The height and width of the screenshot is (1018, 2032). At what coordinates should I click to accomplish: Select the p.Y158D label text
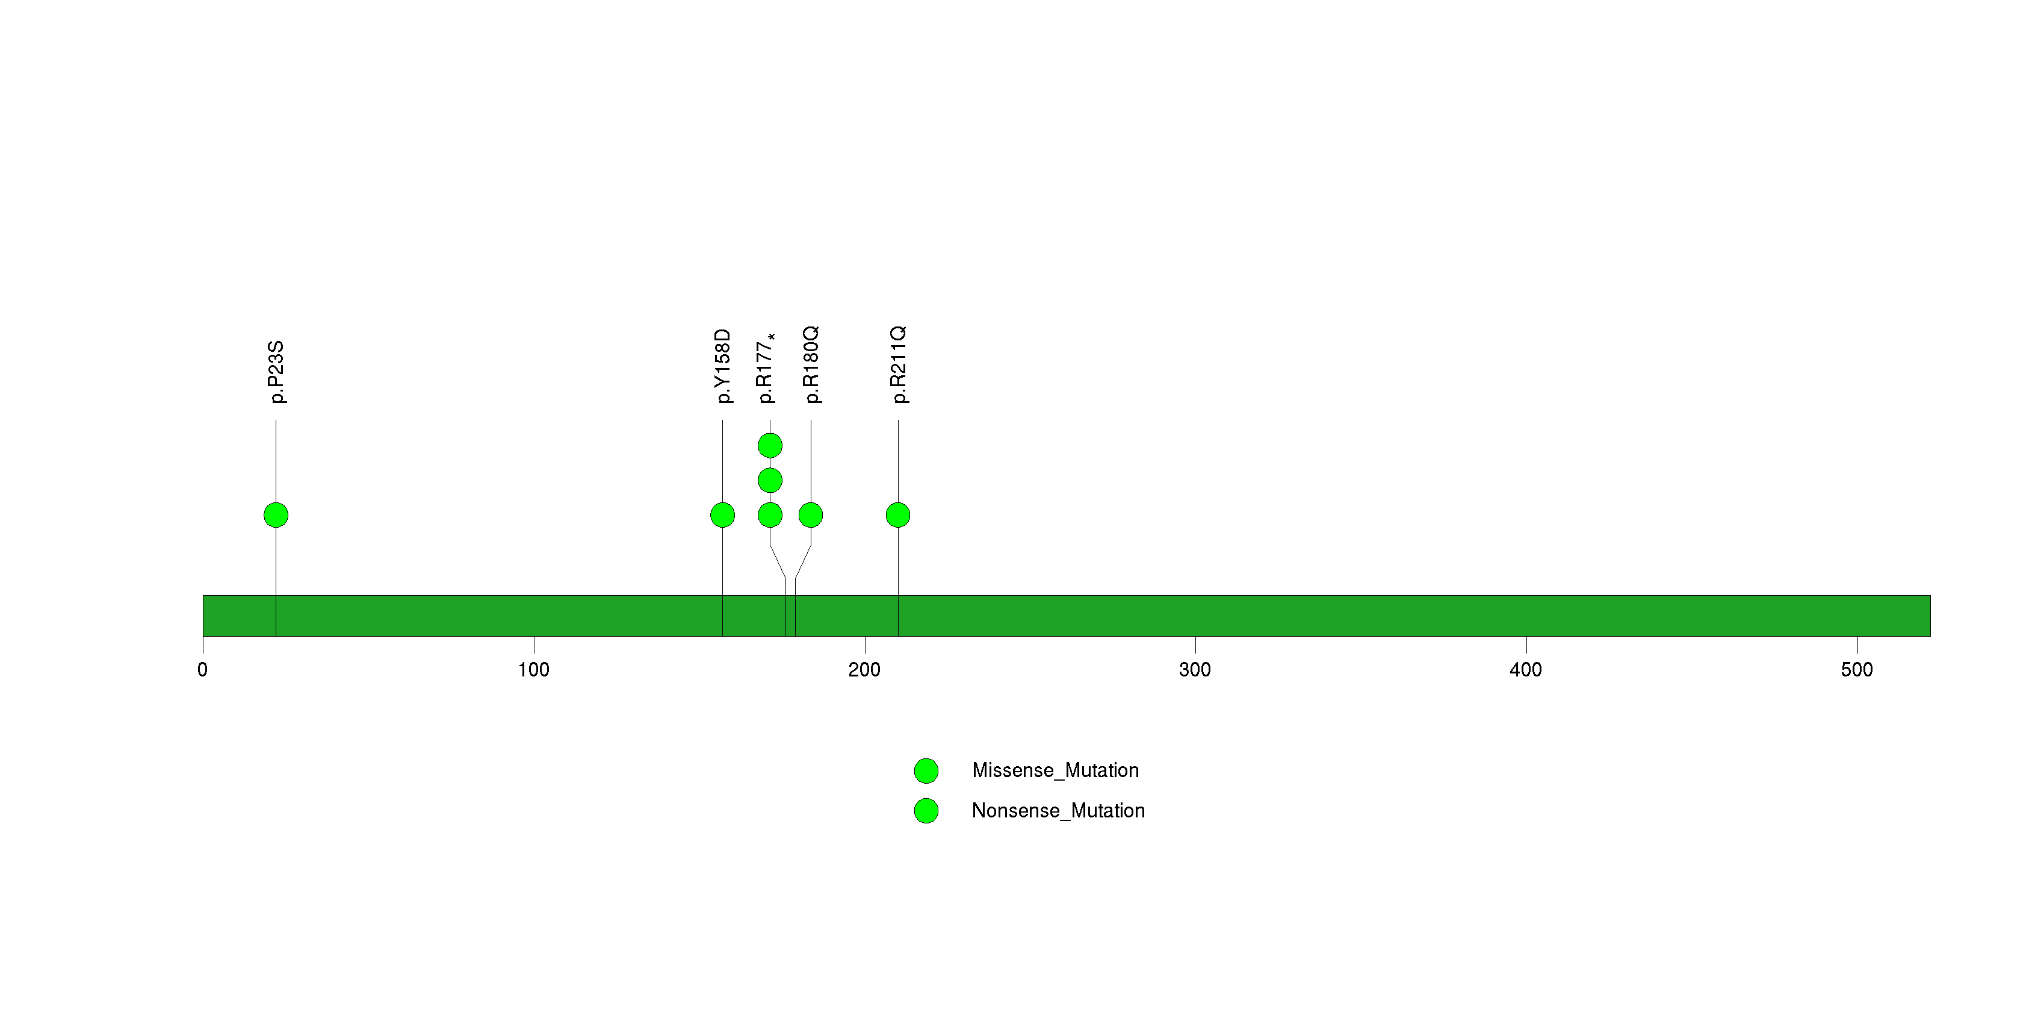[x=722, y=367]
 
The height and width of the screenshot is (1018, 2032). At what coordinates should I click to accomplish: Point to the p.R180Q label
[x=811, y=364]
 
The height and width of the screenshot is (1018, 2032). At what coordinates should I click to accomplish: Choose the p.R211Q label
[x=899, y=364]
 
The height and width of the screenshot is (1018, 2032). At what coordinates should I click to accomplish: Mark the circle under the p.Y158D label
[x=722, y=515]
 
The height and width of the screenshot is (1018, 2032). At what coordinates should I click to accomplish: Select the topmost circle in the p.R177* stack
[x=770, y=446]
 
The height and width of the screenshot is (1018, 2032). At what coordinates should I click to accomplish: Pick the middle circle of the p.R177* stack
[x=770, y=481]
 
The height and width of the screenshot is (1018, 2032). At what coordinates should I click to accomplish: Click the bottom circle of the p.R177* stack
[x=770, y=515]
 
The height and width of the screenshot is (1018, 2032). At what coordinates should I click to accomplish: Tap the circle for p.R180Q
[x=811, y=515]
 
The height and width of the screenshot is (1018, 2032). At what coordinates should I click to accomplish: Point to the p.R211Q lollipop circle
[x=899, y=515]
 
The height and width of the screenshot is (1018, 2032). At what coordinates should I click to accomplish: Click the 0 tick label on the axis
[x=203, y=670]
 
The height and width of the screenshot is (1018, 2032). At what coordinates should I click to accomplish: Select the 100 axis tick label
[x=534, y=670]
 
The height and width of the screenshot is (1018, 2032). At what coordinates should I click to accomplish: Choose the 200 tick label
[x=864, y=670]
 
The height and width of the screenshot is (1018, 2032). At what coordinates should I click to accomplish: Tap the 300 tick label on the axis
[x=1195, y=670]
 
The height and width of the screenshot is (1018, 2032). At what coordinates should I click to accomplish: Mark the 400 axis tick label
[x=1526, y=670]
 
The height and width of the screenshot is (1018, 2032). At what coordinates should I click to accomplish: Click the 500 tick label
[x=1857, y=670]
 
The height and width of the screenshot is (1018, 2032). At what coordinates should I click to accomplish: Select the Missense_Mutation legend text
[x=1056, y=771]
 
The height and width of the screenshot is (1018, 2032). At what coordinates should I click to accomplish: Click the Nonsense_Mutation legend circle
[x=926, y=810]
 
